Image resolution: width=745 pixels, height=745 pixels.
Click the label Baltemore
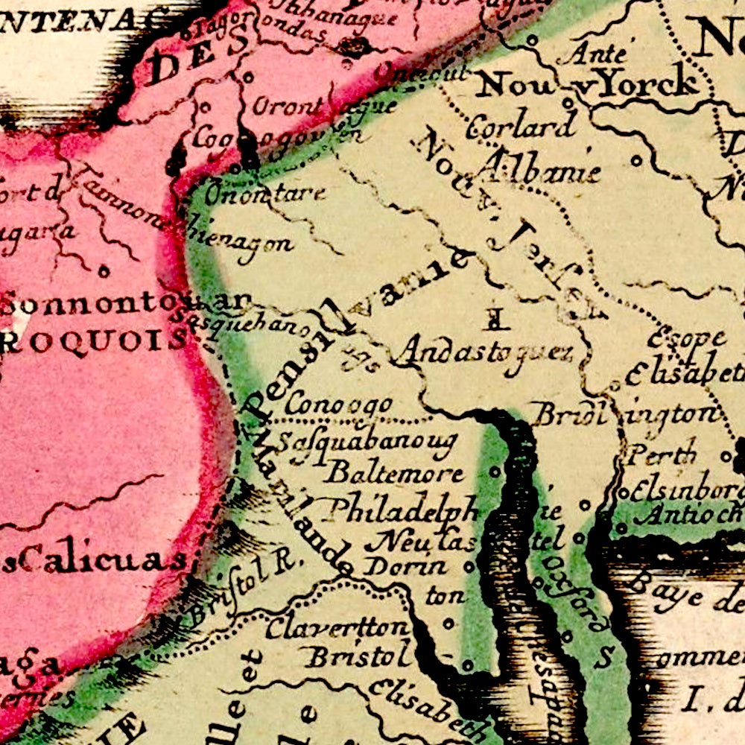(394, 472)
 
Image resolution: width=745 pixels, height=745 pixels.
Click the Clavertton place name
(337, 627)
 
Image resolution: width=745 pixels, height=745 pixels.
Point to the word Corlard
(521, 126)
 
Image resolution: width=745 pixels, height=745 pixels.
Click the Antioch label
(688, 513)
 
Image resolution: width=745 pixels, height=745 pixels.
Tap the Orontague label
(322, 106)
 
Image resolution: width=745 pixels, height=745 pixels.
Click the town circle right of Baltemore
(495, 472)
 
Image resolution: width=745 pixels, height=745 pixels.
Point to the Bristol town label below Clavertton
(360, 657)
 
